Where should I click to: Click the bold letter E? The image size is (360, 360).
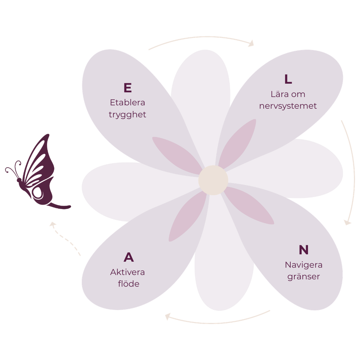[x=127, y=88]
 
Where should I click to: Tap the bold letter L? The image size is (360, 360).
[x=288, y=79]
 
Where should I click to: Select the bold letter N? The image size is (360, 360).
[x=303, y=250]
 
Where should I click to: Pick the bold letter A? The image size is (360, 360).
[x=129, y=257]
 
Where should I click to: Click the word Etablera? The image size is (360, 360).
[x=127, y=102]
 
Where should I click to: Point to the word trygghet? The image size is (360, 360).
[x=127, y=115]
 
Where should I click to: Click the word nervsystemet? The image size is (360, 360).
[x=288, y=106]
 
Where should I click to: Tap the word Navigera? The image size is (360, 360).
[x=303, y=265]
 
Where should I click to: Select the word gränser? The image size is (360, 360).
[x=303, y=277]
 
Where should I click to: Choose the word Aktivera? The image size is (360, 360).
[x=128, y=272]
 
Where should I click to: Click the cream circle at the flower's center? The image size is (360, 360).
[x=213, y=180]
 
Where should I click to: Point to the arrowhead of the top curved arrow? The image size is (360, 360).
[x=251, y=43]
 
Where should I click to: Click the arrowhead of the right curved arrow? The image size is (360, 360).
[x=348, y=222]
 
